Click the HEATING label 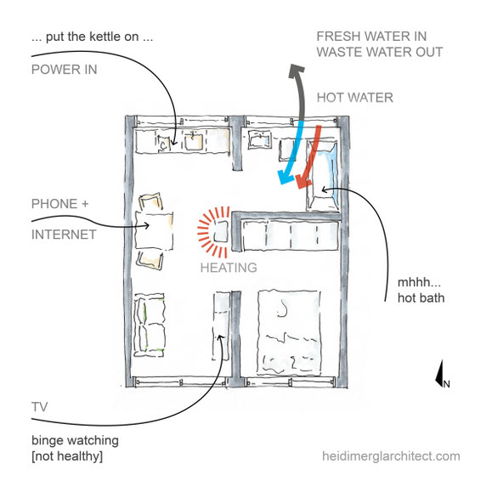tap(229, 268)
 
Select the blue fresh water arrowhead tap(285, 177)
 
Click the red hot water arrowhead tap(303, 182)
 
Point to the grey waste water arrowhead tap(296, 71)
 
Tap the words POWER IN tap(65, 70)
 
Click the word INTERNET tap(64, 235)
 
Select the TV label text tap(40, 407)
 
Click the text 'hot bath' tap(421, 298)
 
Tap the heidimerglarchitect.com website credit tap(391, 456)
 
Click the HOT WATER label tap(355, 98)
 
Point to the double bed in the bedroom tap(289, 332)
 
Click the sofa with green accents tap(150, 325)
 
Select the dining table tap(154, 231)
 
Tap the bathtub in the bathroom tap(323, 175)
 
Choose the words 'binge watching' tap(75, 440)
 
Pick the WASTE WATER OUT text tap(380, 52)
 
